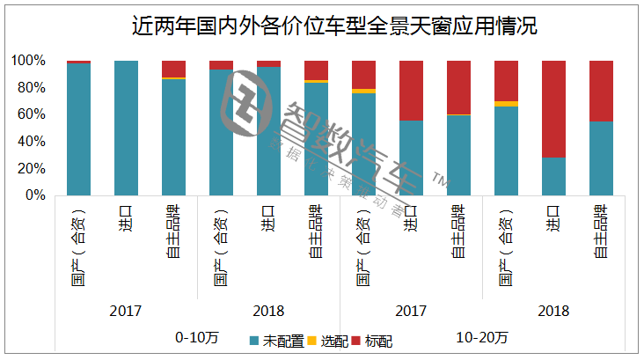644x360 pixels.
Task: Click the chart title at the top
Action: pos(321,26)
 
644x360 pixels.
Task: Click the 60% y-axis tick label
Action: pos(31,114)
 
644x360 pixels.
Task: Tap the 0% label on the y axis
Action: pos(34,195)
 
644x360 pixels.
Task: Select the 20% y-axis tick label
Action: pos(31,168)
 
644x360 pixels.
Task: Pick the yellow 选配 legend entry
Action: pos(330,340)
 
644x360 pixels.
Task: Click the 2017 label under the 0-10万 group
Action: pos(126,311)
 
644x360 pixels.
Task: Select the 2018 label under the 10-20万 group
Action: pos(553,311)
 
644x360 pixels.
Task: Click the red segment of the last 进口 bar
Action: pos(553,108)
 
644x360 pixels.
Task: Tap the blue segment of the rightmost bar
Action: pos(601,158)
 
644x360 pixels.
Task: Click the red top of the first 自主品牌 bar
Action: pos(173,69)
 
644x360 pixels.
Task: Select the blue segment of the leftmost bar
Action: pos(78,129)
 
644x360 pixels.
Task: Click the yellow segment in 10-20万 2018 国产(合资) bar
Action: pos(506,104)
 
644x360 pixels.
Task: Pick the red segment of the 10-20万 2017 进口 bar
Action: pos(411,90)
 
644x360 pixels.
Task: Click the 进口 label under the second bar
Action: pos(126,214)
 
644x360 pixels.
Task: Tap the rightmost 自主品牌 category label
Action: pos(601,230)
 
